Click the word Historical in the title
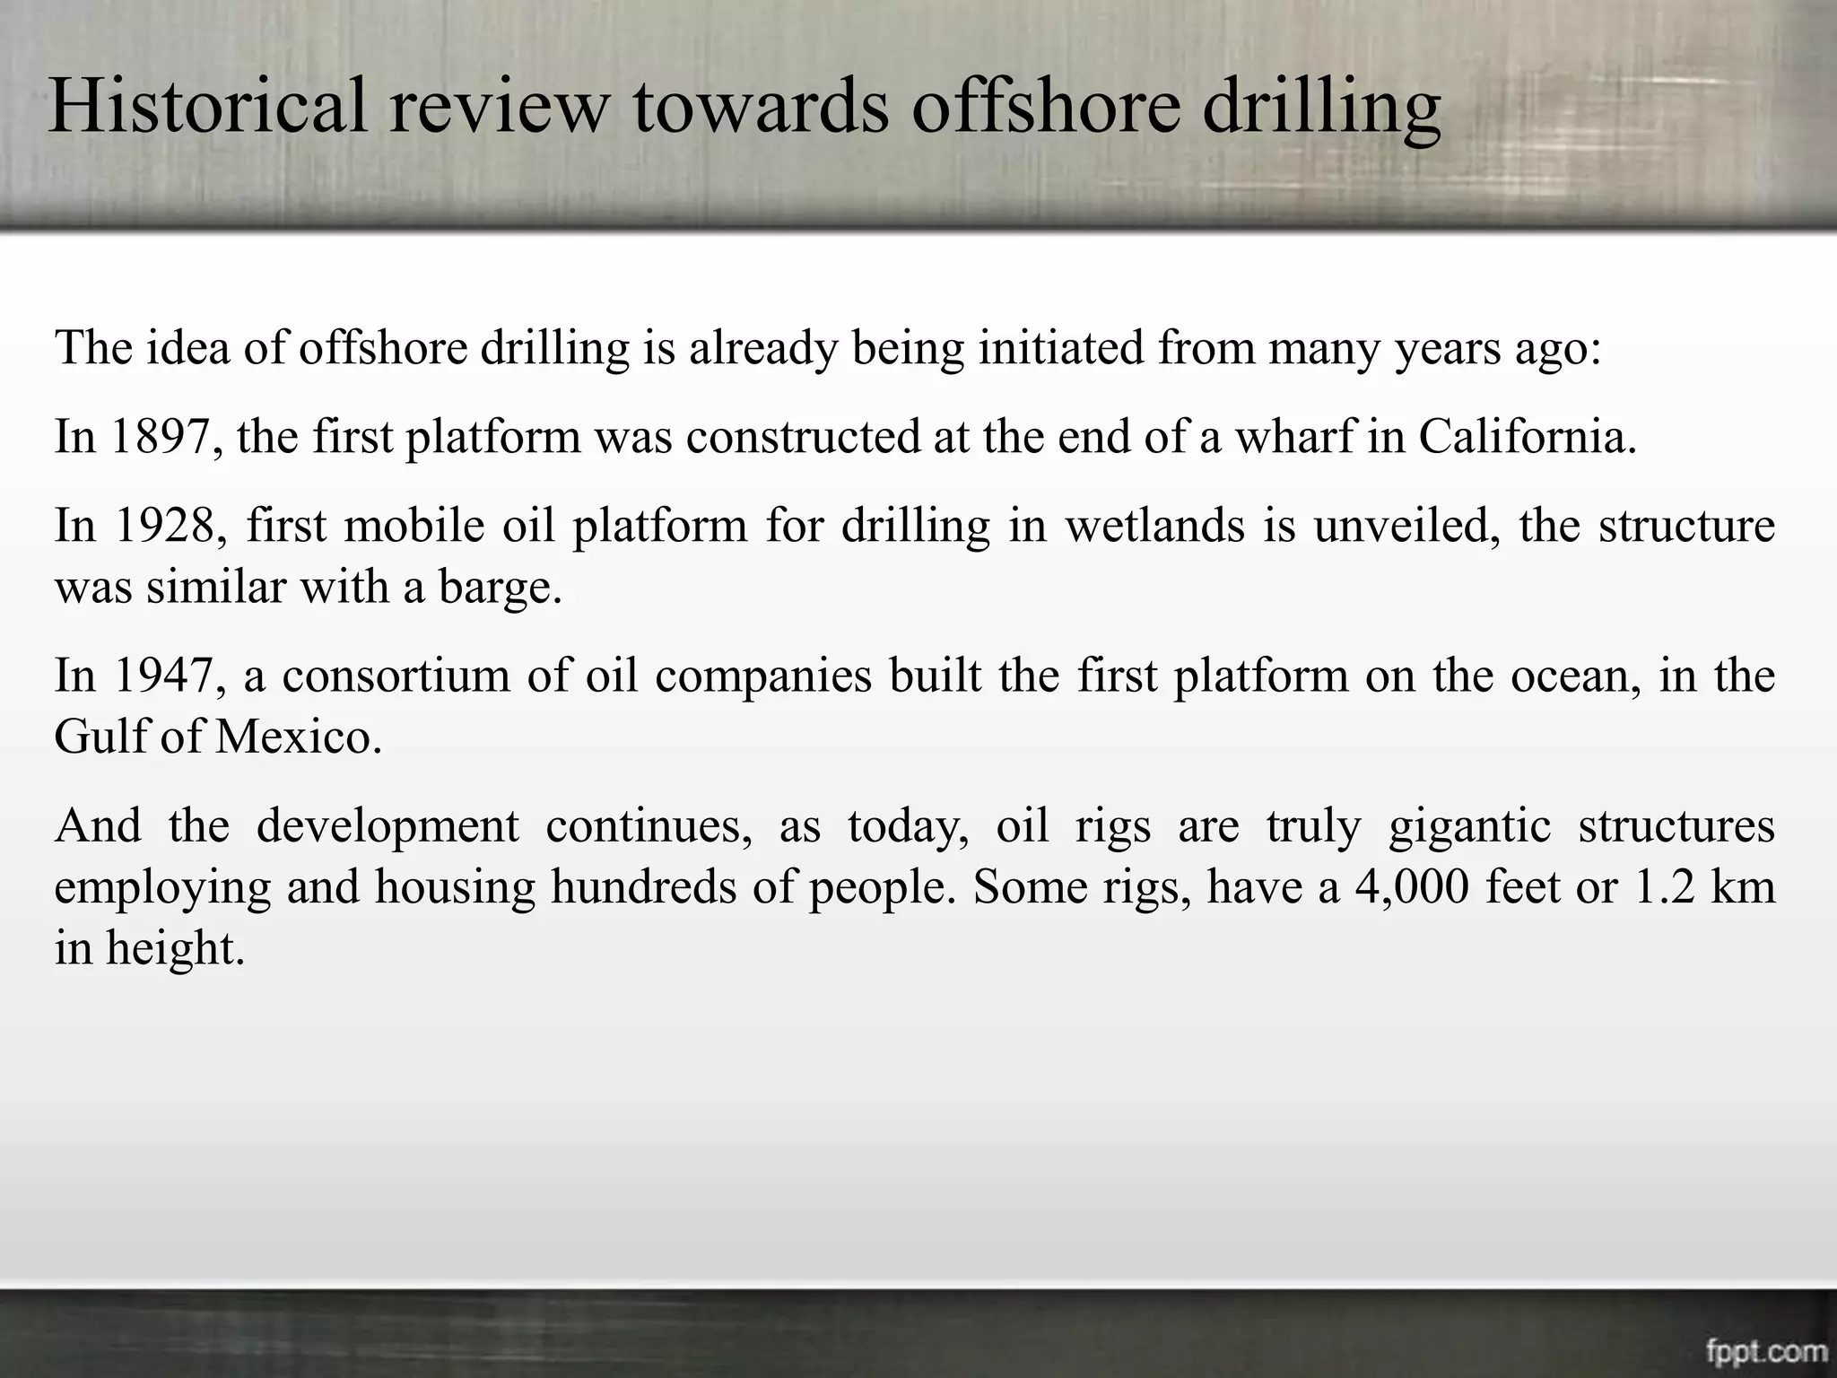[208, 106]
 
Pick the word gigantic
[1469, 825]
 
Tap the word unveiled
[1406, 526]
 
